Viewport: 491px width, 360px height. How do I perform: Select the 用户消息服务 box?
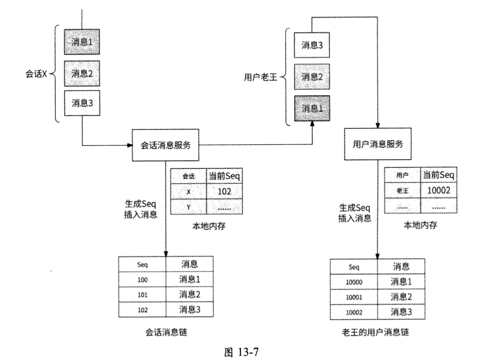tap(378, 144)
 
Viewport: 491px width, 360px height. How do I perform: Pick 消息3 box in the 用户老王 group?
tap(312, 45)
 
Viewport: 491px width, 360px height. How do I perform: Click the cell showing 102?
tap(224, 191)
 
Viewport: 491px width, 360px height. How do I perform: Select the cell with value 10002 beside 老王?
tap(438, 190)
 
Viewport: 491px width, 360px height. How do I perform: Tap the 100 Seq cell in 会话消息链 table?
tap(142, 279)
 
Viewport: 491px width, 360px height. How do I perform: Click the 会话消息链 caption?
tap(165, 332)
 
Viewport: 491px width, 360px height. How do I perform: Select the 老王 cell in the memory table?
tap(402, 190)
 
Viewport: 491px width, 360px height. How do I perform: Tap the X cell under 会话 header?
tap(189, 191)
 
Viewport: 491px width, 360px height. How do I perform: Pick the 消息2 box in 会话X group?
tap(82, 74)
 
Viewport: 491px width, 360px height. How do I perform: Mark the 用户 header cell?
tap(402, 176)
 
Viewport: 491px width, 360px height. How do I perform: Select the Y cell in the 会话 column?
tap(189, 206)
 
